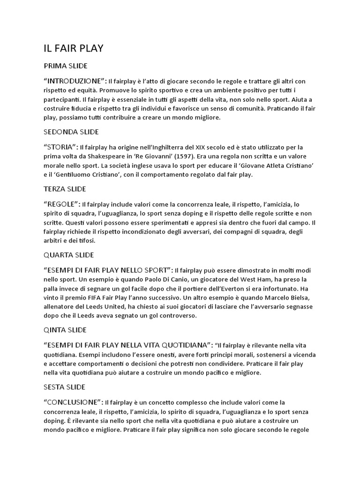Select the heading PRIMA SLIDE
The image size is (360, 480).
(x=65, y=66)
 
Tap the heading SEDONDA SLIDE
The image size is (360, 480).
(x=71, y=132)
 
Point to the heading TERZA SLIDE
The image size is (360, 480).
(x=65, y=189)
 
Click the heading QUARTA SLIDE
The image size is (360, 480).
(x=68, y=255)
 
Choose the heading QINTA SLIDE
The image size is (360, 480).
(x=65, y=330)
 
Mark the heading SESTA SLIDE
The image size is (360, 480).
(x=64, y=387)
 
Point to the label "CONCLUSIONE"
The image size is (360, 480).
(x=73, y=403)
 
